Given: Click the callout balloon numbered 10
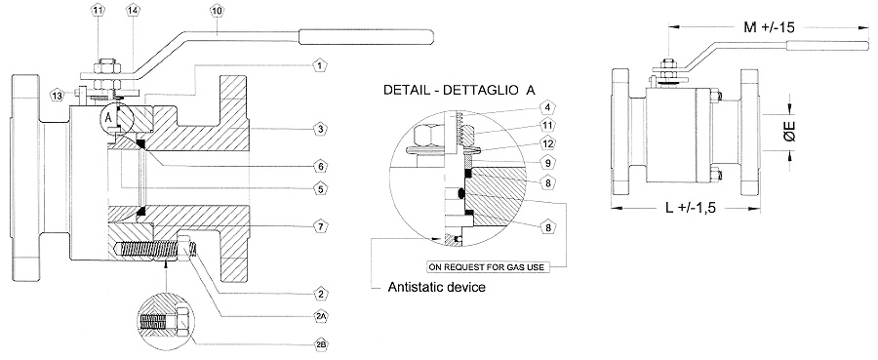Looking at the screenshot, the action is (218, 11).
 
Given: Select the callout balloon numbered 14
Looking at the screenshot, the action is (132, 11).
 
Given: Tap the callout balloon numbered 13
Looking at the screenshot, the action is (57, 96).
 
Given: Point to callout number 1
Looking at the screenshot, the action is (320, 66).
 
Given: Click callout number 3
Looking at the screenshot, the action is (320, 130).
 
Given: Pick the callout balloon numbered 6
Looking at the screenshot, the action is (320, 166).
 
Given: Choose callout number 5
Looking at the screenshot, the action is (320, 189).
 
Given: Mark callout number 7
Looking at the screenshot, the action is (320, 226).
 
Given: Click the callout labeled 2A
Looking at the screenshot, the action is (320, 317).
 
